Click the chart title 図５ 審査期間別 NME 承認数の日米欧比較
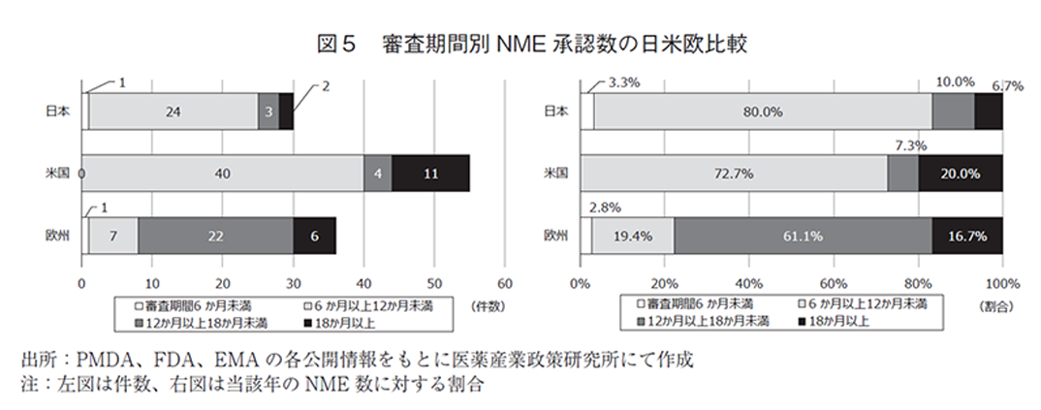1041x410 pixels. pos(520,44)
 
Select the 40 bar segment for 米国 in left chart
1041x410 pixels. pos(222,173)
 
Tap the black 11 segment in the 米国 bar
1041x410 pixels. pos(430,173)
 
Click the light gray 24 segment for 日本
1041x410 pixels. pos(173,111)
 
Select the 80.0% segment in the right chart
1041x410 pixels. pos(763,111)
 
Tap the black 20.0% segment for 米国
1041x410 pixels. pos(960,173)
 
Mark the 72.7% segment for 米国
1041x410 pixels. pos(740,173)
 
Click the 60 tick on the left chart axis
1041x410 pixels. pos(503,284)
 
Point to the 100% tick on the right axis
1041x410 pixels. pos(1002,284)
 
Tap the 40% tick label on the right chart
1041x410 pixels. pos(748,284)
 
